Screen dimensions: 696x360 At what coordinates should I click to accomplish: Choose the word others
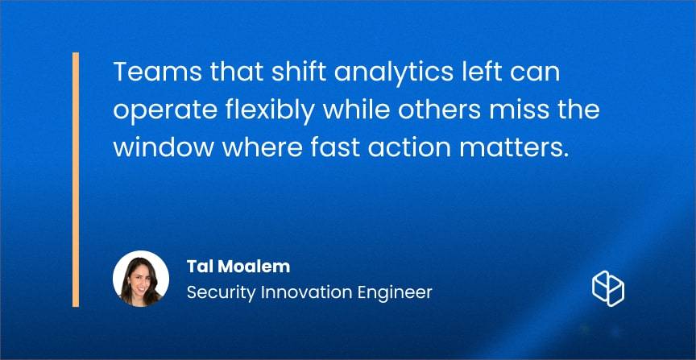coord(439,110)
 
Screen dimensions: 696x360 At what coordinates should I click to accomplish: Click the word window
coord(164,149)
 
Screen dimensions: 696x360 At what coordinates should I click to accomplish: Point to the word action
coord(410,149)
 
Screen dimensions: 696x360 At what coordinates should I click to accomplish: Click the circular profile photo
coord(141,279)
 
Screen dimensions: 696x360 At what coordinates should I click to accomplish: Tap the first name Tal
coord(196,267)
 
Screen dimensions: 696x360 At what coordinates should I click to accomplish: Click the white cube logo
coord(608,288)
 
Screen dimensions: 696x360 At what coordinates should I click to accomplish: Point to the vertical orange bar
coord(76,180)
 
